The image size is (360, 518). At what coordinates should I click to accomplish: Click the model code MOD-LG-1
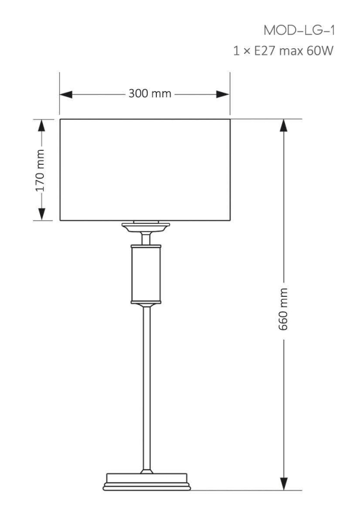299,31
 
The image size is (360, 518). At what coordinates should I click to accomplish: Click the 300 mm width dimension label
150,93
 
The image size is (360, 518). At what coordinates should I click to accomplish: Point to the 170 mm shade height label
40,170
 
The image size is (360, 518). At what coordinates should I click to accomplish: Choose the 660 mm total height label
283,309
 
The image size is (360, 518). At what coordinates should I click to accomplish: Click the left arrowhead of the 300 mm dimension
66,94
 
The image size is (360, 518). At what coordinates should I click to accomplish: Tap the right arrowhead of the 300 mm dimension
223,94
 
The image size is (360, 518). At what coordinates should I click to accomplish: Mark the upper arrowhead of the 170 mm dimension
41,125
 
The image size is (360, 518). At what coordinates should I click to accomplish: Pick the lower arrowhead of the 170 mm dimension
41,214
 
